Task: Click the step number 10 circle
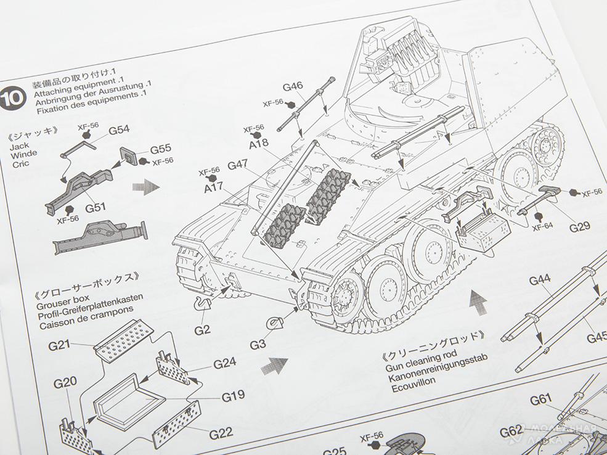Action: click(14, 99)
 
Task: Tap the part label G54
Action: click(119, 130)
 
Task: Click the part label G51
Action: click(97, 207)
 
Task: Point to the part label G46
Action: click(293, 86)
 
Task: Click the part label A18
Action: click(259, 143)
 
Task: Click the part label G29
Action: click(579, 227)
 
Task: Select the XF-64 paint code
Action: click(543, 226)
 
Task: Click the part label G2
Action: click(202, 330)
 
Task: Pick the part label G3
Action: click(258, 343)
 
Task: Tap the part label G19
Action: click(233, 396)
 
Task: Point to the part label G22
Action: click(221, 433)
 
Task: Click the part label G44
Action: click(540, 281)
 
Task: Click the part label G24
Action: click(225, 363)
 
